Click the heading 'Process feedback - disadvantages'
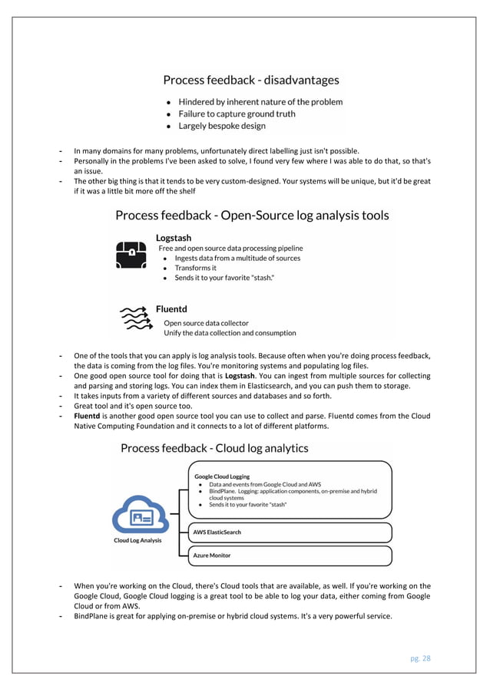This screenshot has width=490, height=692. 250,80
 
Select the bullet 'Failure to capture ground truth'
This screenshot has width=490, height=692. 237,114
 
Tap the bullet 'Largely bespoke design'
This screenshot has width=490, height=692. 222,126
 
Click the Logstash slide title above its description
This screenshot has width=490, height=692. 174,238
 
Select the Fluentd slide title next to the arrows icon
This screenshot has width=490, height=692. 171,308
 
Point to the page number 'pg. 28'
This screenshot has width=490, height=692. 419,657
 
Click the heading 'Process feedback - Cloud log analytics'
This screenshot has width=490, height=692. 214,448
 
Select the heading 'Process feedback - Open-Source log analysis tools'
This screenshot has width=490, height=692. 251,216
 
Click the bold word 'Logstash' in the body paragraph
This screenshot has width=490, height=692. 240,376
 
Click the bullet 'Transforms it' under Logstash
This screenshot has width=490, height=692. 195,269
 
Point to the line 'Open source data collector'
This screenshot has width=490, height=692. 206,323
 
